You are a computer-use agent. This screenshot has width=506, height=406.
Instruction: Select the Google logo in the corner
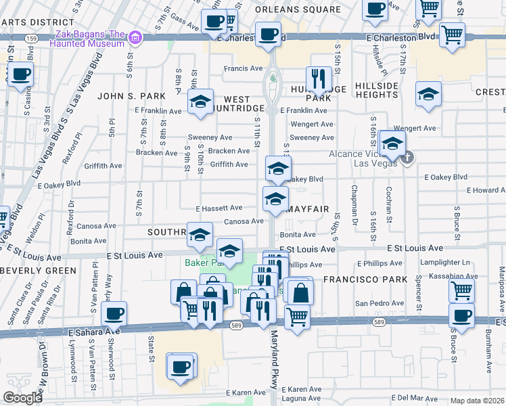pyautogui.click(x=22, y=398)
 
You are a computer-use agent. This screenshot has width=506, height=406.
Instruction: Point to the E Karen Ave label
pyautogui.click(x=246, y=392)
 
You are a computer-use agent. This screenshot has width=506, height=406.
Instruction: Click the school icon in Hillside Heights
pyautogui.click(x=428, y=95)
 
